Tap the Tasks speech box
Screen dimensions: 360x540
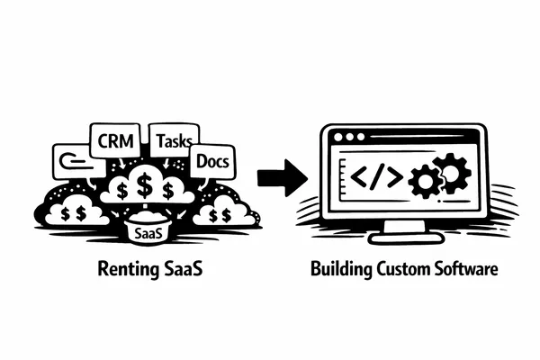tap(173, 141)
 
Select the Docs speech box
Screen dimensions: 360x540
tap(213, 162)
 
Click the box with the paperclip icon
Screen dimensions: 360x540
tap(73, 161)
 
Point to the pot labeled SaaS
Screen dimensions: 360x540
tap(147, 233)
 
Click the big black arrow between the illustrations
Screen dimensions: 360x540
tap(278, 176)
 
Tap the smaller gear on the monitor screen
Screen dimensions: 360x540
tap(421, 183)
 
